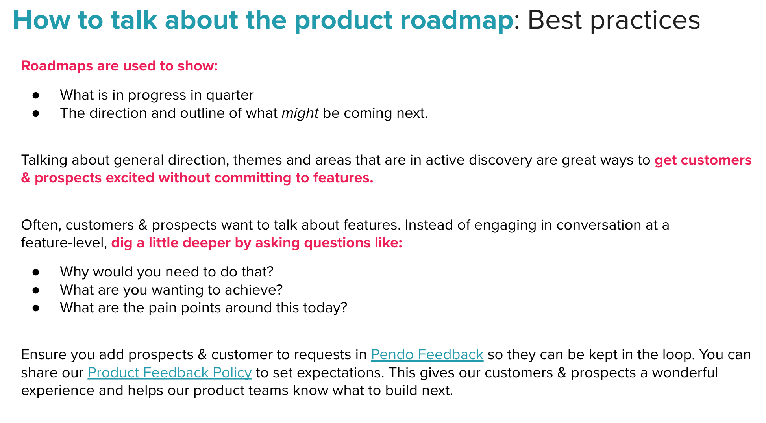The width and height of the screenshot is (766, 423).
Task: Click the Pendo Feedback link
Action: click(427, 354)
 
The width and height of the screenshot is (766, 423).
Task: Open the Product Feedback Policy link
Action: click(170, 373)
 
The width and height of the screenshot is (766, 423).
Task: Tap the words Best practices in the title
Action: click(614, 20)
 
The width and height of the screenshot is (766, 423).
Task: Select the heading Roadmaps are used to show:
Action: click(119, 66)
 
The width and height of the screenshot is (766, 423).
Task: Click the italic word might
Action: click(300, 113)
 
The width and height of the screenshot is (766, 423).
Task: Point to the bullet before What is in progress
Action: click(36, 95)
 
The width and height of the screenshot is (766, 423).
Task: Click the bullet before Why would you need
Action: click(36, 272)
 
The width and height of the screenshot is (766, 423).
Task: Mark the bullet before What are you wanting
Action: click(36, 290)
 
